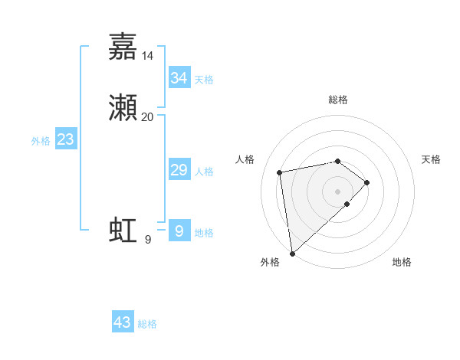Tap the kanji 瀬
tap(123, 108)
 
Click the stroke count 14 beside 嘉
tap(148, 55)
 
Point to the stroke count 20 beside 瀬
tap(148, 117)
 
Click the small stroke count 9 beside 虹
tap(148, 240)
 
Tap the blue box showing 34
tap(179, 78)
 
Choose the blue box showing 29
tap(179, 170)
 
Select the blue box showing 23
tap(65, 139)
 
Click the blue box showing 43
tap(123, 322)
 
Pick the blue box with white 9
tap(179, 231)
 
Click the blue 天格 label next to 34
tap(204, 80)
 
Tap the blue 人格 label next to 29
tap(204, 172)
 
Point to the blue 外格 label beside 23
tap(41, 141)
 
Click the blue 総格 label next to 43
tap(148, 324)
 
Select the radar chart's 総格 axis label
tap(338, 100)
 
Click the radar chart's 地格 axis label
tap(402, 262)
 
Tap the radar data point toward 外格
tap(292, 253)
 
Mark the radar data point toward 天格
tap(368, 182)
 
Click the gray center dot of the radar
tap(338, 191)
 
